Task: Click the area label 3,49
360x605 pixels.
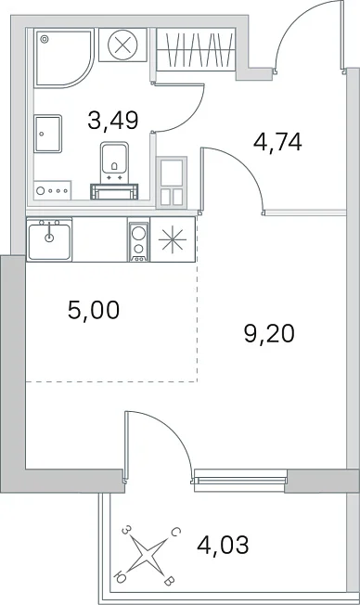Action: tap(112, 120)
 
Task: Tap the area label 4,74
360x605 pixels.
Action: tap(277, 142)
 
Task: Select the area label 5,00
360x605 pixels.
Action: tap(94, 310)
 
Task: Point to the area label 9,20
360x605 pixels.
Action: tap(269, 333)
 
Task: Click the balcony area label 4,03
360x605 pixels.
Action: tap(223, 545)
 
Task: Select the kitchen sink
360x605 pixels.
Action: tap(49, 240)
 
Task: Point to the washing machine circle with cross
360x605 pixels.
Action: tap(122, 45)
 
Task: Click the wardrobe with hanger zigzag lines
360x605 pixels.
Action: tap(196, 49)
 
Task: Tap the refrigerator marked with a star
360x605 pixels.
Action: tap(173, 239)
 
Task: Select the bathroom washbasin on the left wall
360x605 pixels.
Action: tap(48, 134)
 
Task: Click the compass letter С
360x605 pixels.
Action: tap(174, 533)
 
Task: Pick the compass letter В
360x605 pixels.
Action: tap(169, 582)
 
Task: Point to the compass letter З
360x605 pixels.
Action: tap(125, 531)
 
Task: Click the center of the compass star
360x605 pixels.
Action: tap(147, 556)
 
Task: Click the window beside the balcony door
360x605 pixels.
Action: tap(239, 481)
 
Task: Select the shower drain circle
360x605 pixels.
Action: tap(45, 39)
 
